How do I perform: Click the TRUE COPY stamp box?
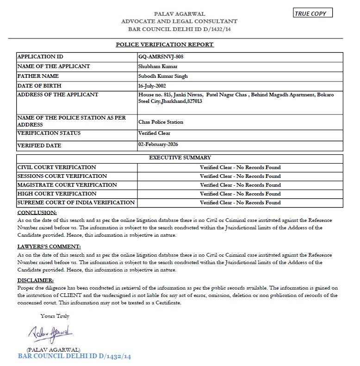[x=313, y=13]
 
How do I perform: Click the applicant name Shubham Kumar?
[x=155, y=66]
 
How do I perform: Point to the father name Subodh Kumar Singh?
[x=163, y=76]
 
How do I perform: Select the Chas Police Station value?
[x=161, y=122]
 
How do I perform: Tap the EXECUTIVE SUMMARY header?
[x=180, y=158]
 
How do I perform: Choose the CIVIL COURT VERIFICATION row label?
[x=56, y=167]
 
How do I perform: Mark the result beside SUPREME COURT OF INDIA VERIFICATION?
[x=240, y=202]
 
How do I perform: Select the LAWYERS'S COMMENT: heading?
[x=49, y=246]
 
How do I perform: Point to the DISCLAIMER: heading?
[x=35, y=280]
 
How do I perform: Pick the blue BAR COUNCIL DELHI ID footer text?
[x=74, y=356]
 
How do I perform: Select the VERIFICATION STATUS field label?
[x=49, y=133]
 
